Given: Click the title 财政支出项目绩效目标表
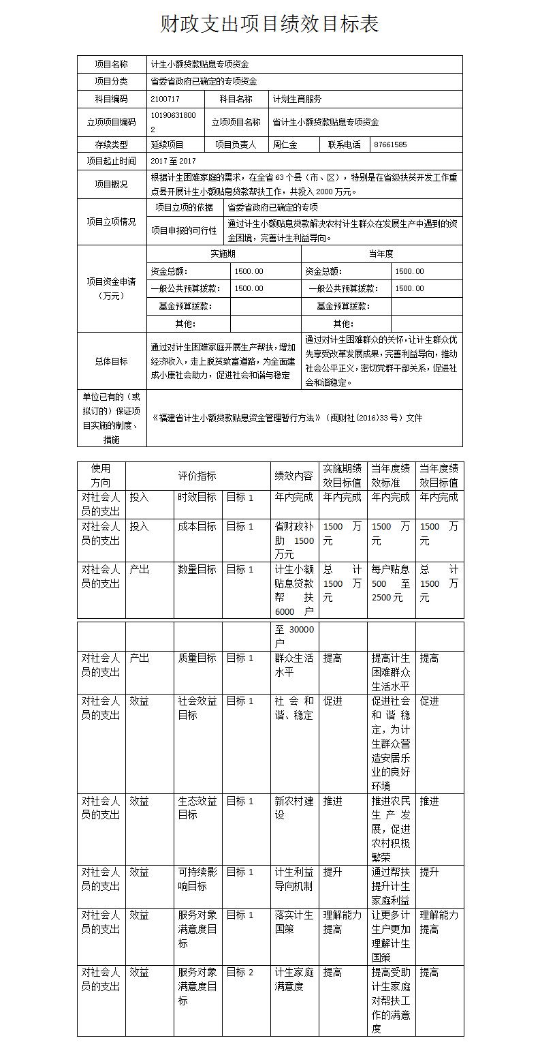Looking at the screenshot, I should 270,25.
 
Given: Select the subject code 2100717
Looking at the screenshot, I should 165,99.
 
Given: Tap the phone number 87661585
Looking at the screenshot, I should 390,144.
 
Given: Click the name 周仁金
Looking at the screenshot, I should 285,144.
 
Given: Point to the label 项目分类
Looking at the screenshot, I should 112,81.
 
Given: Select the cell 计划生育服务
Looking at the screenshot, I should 297,99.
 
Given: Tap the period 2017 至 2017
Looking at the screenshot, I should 173,161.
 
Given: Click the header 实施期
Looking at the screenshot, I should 223,254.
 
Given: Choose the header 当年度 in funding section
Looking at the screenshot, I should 381,254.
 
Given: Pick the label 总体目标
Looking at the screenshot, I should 112,361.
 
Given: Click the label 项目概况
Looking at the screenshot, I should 112,184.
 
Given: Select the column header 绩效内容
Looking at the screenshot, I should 293,475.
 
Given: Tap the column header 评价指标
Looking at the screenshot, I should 197,475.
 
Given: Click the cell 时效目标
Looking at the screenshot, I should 197,498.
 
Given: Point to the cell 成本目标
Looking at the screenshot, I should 197,527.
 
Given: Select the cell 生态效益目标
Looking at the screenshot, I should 197,808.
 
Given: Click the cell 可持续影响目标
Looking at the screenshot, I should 197,879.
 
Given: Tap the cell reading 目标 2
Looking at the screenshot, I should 240,973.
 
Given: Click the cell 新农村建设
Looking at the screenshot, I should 293,808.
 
